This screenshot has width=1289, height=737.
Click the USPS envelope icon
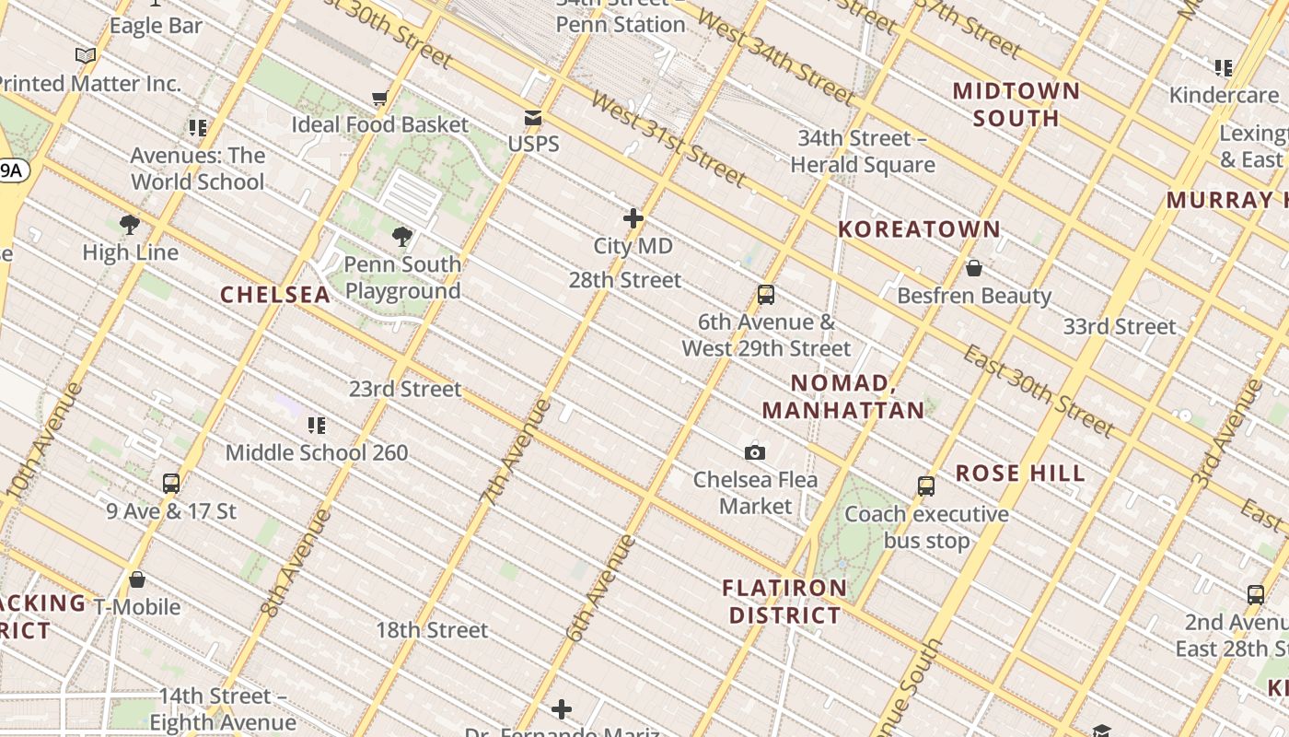[x=533, y=118]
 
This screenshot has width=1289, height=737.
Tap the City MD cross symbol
[x=633, y=218]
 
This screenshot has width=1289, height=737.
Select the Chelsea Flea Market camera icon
[x=755, y=452]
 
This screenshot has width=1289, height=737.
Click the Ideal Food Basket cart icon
[x=379, y=98]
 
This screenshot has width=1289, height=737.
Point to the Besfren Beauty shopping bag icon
[x=974, y=268]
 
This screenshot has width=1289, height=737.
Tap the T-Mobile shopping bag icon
[x=137, y=579]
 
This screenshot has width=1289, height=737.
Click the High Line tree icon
[x=130, y=224]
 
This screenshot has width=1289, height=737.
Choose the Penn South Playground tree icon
[x=402, y=237]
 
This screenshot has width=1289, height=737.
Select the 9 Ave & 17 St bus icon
[x=171, y=483]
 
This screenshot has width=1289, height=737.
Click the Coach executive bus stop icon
[x=926, y=486]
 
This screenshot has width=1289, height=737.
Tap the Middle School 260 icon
[x=317, y=425]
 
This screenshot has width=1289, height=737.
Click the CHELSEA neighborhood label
[x=275, y=295]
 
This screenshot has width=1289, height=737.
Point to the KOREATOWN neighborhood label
[x=919, y=229]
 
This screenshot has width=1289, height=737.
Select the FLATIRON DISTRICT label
[x=784, y=602]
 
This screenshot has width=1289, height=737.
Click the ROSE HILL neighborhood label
[x=1020, y=474]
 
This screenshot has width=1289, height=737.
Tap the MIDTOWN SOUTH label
[x=1016, y=104]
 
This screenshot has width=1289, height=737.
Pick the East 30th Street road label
[x=1039, y=391]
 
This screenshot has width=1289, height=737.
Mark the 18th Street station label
[x=432, y=630]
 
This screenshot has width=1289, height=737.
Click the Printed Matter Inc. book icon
[x=86, y=56]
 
